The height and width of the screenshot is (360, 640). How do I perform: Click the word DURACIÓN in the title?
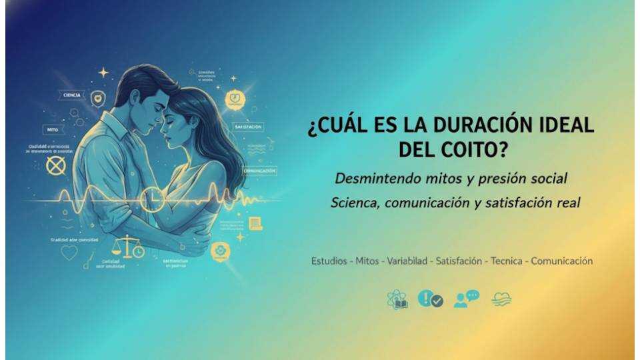[x=467, y=125]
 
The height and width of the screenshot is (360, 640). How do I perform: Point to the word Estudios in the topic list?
[x=329, y=261]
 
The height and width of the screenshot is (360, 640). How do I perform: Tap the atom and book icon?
[x=397, y=300]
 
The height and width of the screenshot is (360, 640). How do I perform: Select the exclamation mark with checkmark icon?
[x=430, y=299]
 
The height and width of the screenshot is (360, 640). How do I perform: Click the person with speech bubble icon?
[x=467, y=299]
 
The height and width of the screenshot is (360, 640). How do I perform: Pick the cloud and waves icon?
[x=501, y=299]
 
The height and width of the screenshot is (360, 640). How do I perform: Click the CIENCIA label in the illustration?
[x=71, y=95]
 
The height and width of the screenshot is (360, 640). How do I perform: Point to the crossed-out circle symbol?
[x=56, y=165]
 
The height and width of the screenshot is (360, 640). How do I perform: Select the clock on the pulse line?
[x=153, y=198]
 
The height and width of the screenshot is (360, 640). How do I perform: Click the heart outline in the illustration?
[x=69, y=253]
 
